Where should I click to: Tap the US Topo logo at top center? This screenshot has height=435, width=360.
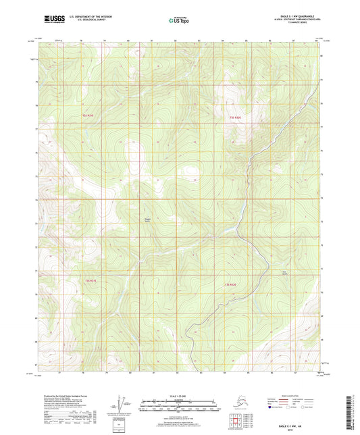click(x=179, y=21)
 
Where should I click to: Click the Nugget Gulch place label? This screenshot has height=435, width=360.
click(x=148, y=220)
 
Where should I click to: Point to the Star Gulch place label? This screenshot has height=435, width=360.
click(x=265, y=273)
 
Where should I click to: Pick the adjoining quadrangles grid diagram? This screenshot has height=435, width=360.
click(x=236, y=419)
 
